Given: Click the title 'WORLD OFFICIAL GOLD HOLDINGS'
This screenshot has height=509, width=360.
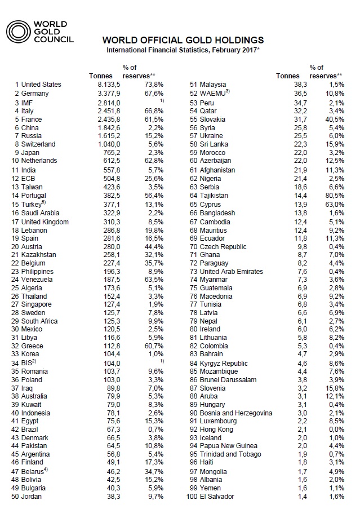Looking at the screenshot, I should click(183, 41).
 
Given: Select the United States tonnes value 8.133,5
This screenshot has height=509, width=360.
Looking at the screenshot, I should click(107, 85).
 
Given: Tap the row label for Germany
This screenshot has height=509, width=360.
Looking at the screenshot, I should click(35, 94).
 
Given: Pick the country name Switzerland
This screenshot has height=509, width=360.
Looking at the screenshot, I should click(39, 144).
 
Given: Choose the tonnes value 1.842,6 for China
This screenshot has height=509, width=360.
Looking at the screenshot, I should click(107, 128).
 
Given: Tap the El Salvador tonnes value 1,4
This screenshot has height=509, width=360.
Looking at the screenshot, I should click(293, 497).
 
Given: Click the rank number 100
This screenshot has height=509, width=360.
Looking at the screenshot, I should click(195, 497).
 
